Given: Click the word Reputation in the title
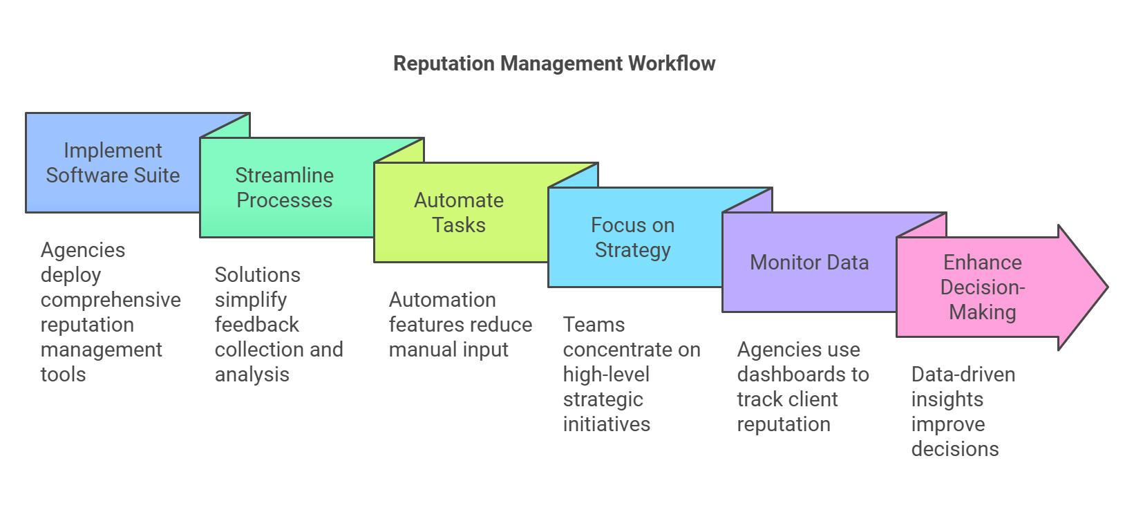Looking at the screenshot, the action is coord(444,64).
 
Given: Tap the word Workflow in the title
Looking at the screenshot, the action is coord(672,64).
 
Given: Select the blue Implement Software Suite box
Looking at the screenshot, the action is coord(113,162).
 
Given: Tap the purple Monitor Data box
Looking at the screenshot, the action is coord(809,262).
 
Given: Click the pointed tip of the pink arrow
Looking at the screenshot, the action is coord(1108,287).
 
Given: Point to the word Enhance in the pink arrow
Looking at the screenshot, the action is coord(983,263).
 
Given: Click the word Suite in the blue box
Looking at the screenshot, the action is coord(157,176).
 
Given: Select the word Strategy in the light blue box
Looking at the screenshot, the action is coord(633,250).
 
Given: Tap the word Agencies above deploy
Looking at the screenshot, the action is coord(83,251).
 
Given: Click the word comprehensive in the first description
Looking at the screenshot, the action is coord(111,301).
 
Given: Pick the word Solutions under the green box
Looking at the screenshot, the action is coord(258,275).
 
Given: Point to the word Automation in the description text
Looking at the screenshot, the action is coord(442,300).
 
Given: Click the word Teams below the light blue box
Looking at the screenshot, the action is coord(594,325).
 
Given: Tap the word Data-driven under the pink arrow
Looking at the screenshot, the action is coord(963,374).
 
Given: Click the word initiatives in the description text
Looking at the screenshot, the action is coord(607,424).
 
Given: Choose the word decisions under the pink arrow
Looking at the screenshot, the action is coord(955,448).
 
